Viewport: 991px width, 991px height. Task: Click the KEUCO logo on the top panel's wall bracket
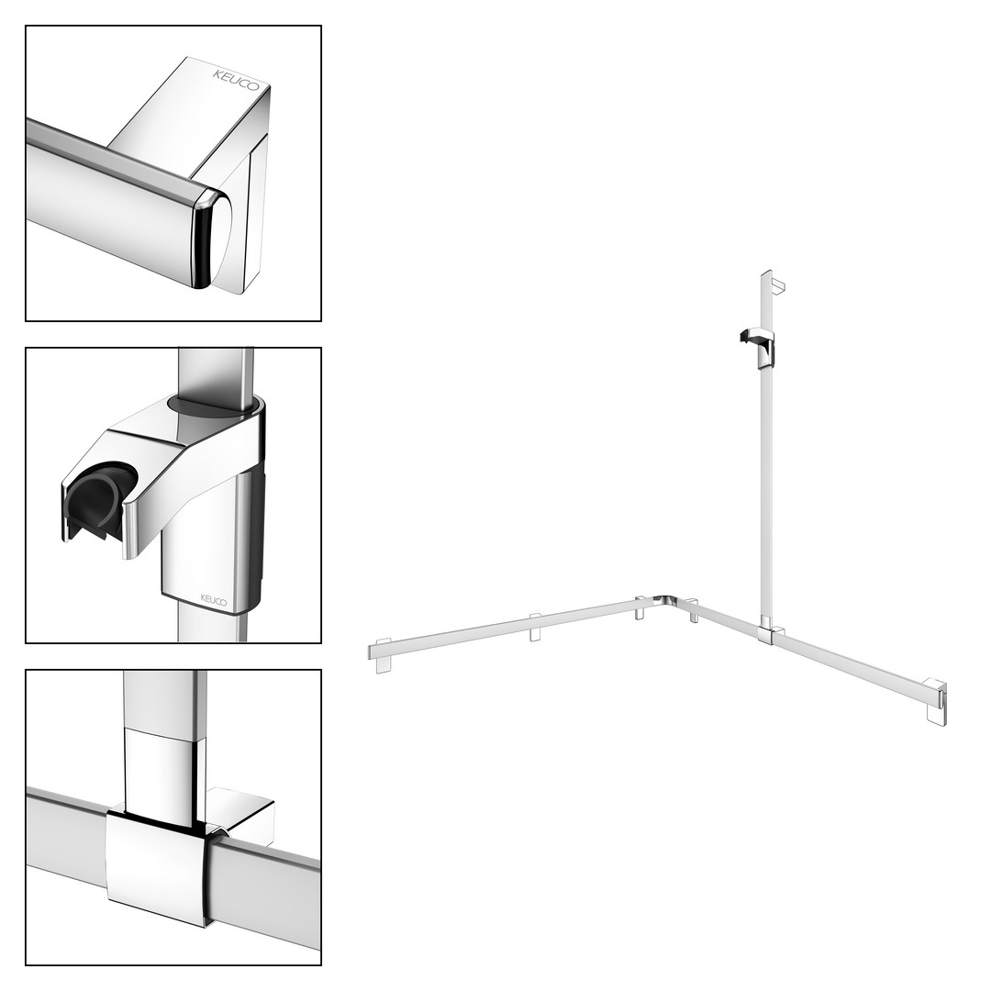pyautogui.click(x=236, y=80)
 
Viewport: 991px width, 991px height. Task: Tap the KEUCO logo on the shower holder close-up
pyautogui.click(x=213, y=599)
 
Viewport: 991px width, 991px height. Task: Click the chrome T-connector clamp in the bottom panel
pyautogui.click(x=158, y=866)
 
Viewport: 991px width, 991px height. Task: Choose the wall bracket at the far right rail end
pyautogui.click(x=937, y=701)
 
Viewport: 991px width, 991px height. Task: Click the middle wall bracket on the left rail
pyautogui.click(x=535, y=627)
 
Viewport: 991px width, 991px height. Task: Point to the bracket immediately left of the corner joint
pyautogui.click(x=640, y=608)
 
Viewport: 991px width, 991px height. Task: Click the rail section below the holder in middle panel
pyautogui.click(x=211, y=622)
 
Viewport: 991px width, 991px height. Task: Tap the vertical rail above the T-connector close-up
pyautogui.click(x=163, y=740)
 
